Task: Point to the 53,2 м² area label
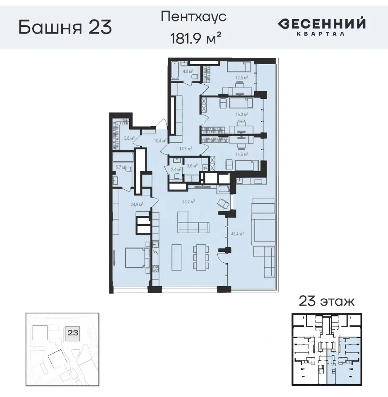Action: tap(189, 202)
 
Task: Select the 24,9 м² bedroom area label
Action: tap(137, 204)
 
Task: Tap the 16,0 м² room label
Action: tap(242, 114)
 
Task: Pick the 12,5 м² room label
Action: tap(242, 77)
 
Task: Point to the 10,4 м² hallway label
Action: tap(159, 141)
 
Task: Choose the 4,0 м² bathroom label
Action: tap(188, 72)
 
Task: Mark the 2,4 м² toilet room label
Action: tap(176, 169)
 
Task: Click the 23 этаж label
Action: tap(326, 301)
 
